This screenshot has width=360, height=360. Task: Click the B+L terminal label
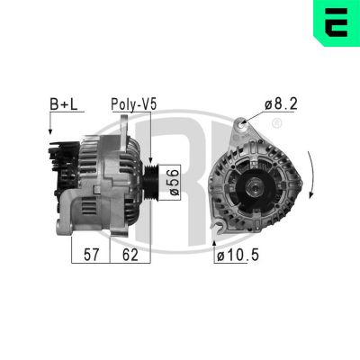60,104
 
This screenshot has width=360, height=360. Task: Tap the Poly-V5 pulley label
133,104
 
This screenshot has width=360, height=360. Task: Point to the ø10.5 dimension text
238,256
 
